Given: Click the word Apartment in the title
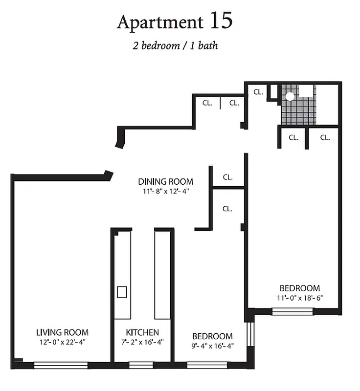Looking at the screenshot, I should click(159, 22).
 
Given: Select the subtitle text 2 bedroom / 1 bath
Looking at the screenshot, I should click(175, 46).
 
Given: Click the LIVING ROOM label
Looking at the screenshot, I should click(62, 333).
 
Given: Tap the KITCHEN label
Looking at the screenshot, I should click(142, 333).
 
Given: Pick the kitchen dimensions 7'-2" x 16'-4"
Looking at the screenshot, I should click(142, 342).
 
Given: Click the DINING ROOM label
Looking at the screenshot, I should click(165, 181).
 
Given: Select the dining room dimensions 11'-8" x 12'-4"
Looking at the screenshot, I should click(165, 191).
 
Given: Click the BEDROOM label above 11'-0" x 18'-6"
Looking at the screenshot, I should click(299, 288).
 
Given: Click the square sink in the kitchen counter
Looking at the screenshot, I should click(122, 292).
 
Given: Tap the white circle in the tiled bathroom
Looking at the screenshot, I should click(290, 96).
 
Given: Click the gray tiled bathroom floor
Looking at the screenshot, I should click(298, 112).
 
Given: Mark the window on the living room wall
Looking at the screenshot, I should click(61, 365).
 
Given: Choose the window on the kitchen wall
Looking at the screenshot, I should click(141, 365).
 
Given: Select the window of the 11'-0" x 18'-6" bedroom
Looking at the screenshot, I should click(292, 311).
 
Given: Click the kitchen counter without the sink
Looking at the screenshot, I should click(161, 274).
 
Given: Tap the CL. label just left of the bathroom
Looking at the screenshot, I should click(258, 91).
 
